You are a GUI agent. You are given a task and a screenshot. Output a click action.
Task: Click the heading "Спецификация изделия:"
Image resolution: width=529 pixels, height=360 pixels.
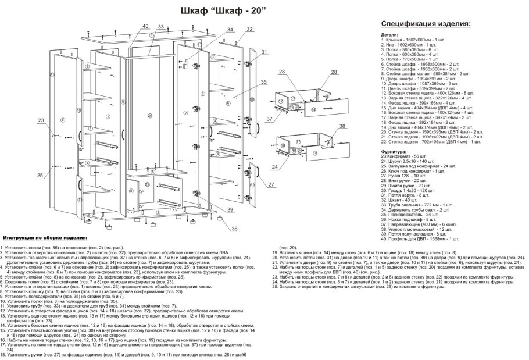(426, 24)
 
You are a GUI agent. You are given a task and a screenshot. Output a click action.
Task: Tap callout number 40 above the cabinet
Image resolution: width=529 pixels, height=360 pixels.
(145, 26)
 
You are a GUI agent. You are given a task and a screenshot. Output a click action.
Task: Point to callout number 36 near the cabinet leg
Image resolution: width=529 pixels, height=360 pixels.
(235, 229)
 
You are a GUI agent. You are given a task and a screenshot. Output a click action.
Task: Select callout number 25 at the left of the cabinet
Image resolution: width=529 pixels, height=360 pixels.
(40, 175)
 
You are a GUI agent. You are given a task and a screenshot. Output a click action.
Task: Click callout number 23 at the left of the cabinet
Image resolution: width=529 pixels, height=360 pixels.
(40, 120)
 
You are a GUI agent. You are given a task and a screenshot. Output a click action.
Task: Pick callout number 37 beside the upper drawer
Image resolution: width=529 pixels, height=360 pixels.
(269, 119)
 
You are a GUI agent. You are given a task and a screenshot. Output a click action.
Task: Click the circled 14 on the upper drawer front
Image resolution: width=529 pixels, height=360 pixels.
(313, 109)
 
